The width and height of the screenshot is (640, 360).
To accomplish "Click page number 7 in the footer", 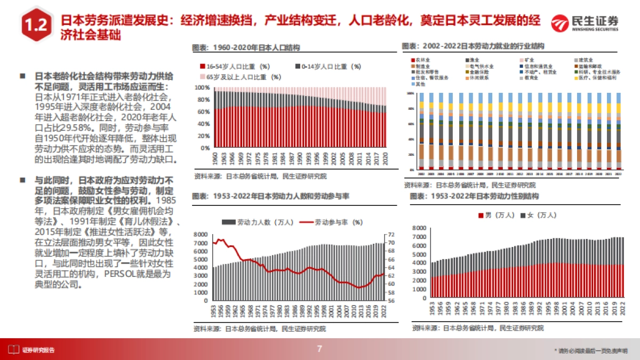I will [x=319, y=349].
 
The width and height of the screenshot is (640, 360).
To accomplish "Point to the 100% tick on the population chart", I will [x=203, y=87].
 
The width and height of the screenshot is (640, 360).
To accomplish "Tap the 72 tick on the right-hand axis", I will [x=390, y=234].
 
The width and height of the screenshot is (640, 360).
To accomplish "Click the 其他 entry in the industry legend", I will [x=421, y=84].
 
